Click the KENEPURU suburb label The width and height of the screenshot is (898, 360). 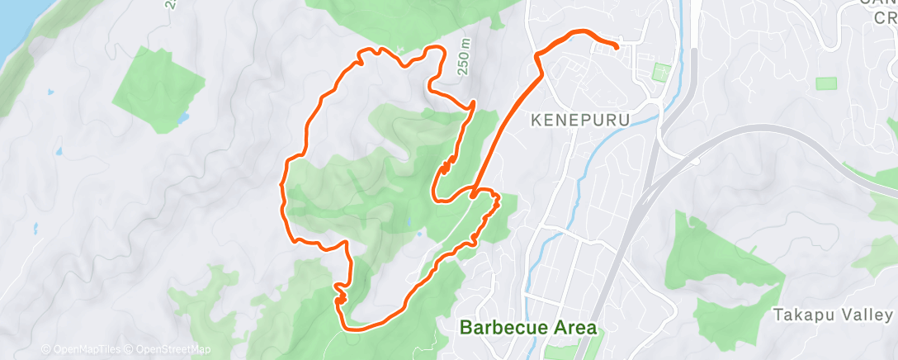click(x=580, y=121)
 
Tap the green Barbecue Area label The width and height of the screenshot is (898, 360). click(x=527, y=327)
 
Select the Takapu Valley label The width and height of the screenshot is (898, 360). click(x=833, y=315)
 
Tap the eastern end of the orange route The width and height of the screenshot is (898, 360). click(x=617, y=47)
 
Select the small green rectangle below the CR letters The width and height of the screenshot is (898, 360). click(x=825, y=83)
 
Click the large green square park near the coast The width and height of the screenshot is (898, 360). click(x=157, y=89)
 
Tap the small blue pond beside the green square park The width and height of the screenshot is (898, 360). click(x=182, y=118)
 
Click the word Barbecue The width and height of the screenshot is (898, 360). click(x=496, y=327)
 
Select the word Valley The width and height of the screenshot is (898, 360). click(x=869, y=315)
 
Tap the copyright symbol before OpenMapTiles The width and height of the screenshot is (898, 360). click(x=45, y=349)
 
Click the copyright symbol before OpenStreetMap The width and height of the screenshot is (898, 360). click(x=130, y=349)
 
